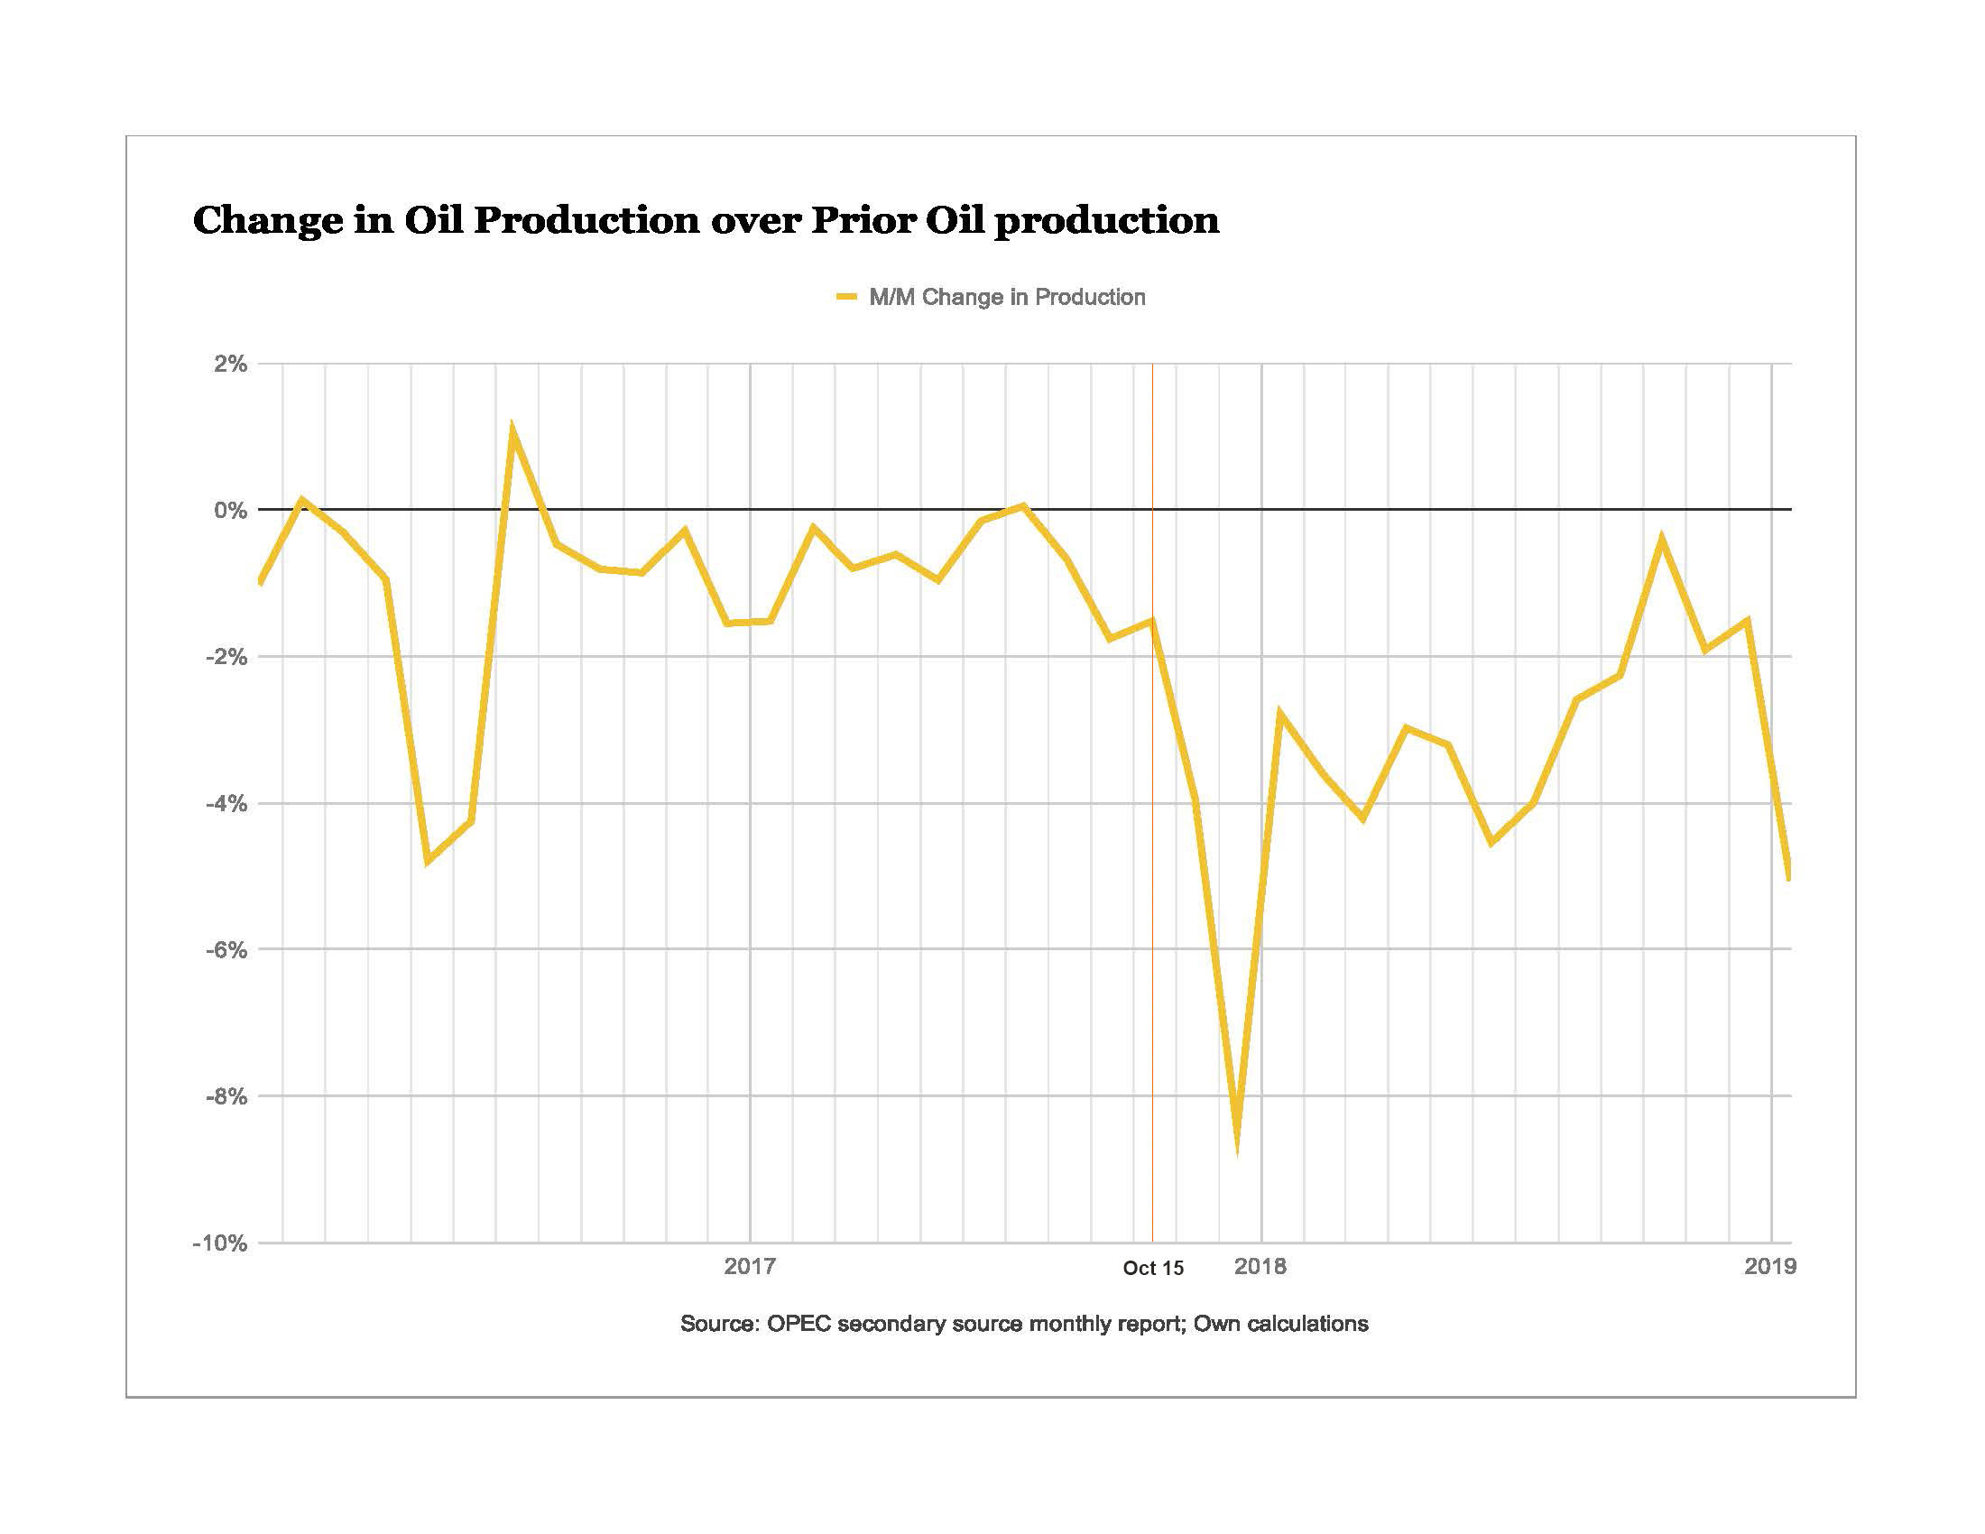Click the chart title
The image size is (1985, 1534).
[706, 221]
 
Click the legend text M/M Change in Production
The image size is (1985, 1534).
[1007, 297]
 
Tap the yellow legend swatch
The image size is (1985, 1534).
[846, 297]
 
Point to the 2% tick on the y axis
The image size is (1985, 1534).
[230, 365]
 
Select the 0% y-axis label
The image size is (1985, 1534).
[230, 511]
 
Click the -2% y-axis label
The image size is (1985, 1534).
[227, 657]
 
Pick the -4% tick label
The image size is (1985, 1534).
[227, 803]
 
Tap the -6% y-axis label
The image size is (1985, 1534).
[227, 949]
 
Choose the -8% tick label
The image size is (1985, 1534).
[227, 1096]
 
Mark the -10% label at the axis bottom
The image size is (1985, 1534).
[221, 1243]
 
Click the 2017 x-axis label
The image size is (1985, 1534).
[750, 1266]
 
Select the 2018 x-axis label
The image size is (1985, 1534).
[1260, 1266]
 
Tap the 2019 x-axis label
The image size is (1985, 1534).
[1770, 1266]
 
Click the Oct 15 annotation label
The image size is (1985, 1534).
[1153, 1269]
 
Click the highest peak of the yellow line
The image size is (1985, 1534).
[512, 430]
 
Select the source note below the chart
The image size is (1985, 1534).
[1024, 1324]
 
